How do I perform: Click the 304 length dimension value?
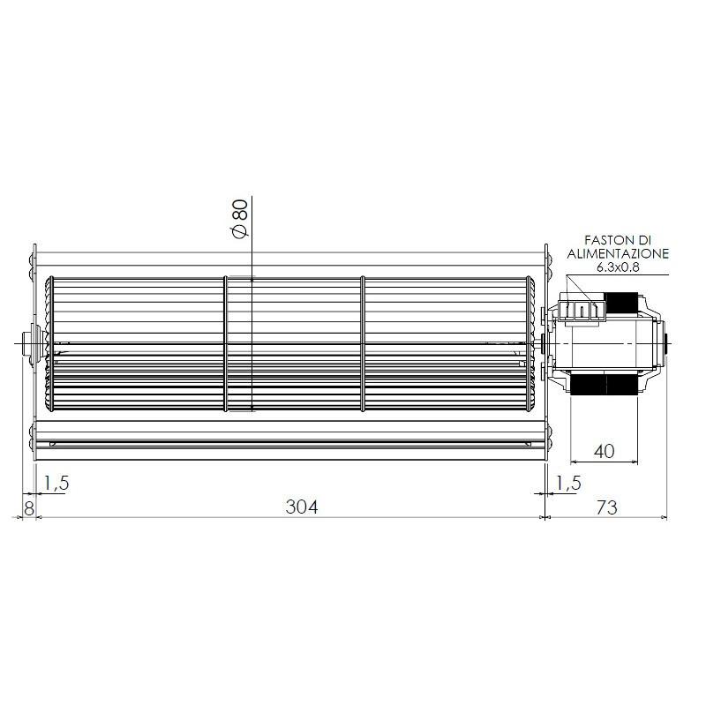[x=301, y=507]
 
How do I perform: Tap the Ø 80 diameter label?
[x=238, y=217]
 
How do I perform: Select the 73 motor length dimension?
[x=606, y=507]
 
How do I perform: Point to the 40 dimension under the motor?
[x=604, y=451]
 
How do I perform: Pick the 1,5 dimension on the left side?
[x=56, y=483]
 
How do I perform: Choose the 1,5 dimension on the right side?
[x=568, y=483]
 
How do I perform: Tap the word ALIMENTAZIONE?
[x=617, y=253]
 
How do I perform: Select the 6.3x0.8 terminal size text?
[x=617, y=267]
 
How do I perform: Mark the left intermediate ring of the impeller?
[x=226, y=343]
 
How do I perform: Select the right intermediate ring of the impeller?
[x=363, y=343]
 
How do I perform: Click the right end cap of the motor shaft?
[x=665, y=343]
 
